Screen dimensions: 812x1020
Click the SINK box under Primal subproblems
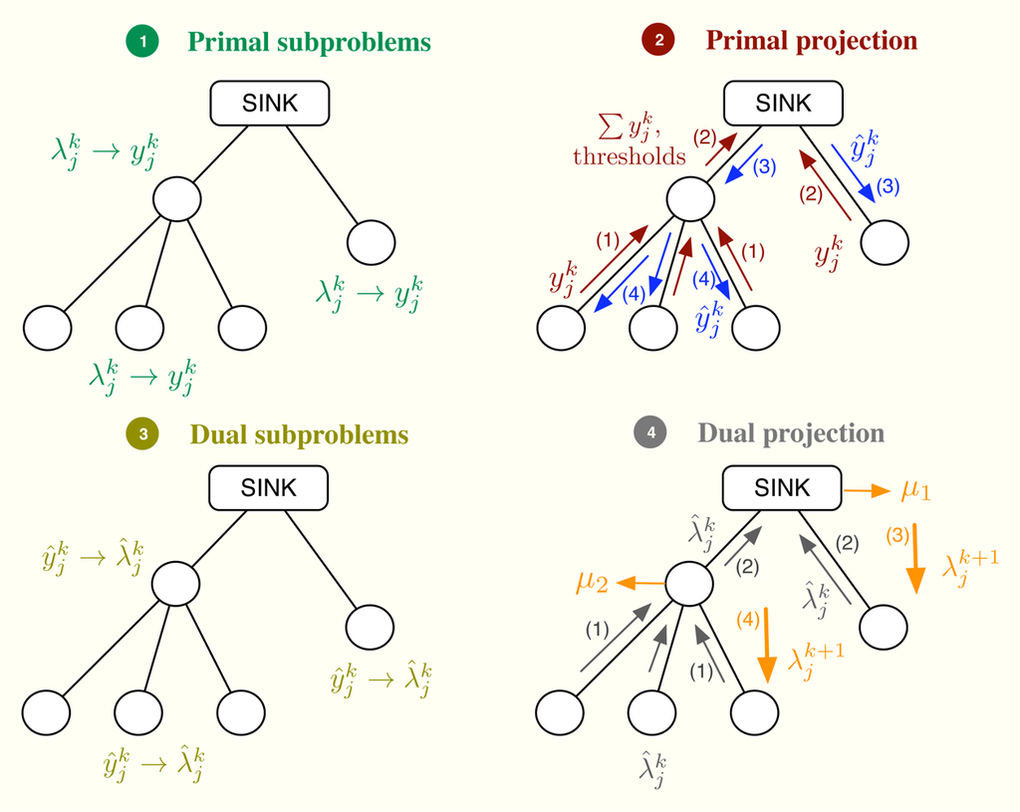coord(269,103)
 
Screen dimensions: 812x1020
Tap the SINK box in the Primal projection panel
coord(783,103)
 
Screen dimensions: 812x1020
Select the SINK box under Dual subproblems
coord(268,488)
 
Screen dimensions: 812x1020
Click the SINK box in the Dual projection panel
coord(782,488)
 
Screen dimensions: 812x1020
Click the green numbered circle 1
coord(143,42)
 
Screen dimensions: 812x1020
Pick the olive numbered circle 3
coord(143,433)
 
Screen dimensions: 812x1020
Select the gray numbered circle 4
coord(651,433)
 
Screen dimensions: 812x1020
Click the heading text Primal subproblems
coord(310,42)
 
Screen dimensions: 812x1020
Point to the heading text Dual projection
coord(791,433)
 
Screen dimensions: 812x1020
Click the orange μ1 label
coord(916,490)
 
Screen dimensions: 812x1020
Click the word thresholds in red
coord(629,156)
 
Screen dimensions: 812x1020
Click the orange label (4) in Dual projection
coord(747,618)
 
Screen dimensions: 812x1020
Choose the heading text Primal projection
coord(812,41)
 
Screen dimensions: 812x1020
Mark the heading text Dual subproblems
coord(299,434)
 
